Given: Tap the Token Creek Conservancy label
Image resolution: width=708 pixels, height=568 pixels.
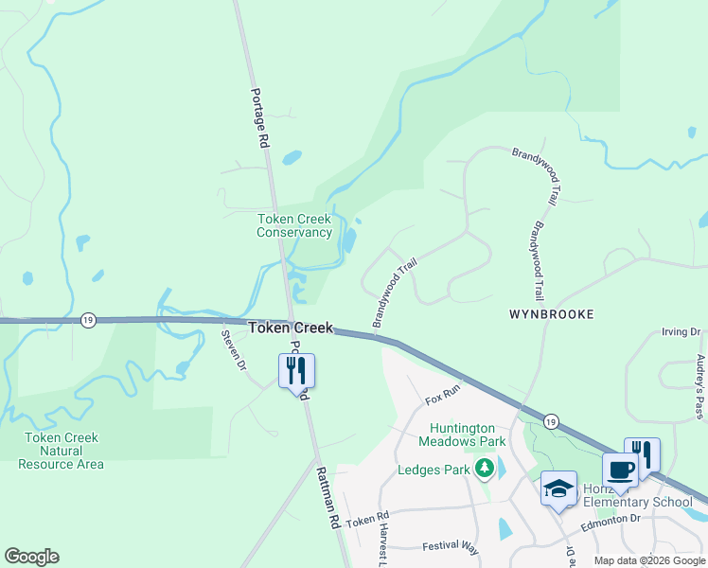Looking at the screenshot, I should click(x=294, y=225).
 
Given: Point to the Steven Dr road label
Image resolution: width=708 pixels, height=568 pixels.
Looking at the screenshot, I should click(x=234, y=349).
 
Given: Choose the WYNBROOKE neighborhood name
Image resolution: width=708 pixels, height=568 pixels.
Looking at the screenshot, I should click(x=551, y=313).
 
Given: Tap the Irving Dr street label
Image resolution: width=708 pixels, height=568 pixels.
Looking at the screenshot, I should click(x=681, y=332).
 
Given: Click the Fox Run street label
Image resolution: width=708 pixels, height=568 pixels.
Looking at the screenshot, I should click(x=442, y=388).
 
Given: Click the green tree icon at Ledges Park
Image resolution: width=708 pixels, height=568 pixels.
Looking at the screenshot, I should click(x=485, y=468).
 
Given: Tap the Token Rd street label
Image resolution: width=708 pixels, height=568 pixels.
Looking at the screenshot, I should click(x=368, y=522).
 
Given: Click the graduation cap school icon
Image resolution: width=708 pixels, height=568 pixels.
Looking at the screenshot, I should click(x=558, y=489).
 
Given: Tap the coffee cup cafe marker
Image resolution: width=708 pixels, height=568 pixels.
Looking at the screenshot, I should click(x=621, y=470).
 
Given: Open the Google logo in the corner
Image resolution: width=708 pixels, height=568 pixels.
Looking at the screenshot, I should click(x=31, y=557).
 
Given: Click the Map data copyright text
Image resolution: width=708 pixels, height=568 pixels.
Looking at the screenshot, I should click(x=648, y=560).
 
